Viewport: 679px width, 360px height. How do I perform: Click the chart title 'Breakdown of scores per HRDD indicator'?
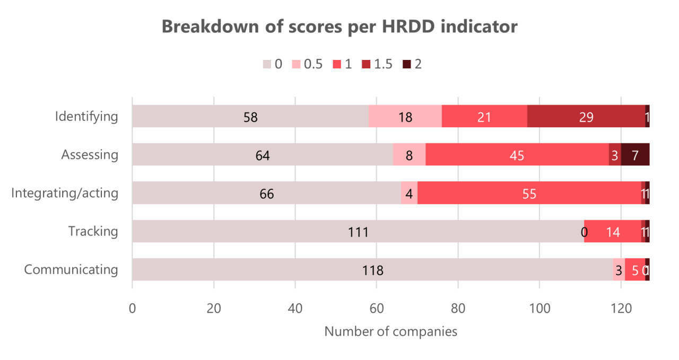pos(339,27)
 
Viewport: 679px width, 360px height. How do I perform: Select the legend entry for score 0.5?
pos(307,64)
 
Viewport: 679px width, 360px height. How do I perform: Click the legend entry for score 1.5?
pos(376,64)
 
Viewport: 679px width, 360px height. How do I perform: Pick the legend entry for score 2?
pos(412,64)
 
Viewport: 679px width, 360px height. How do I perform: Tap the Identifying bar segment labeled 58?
pos(250,116)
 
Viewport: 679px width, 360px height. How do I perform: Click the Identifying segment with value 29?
pos(586,116)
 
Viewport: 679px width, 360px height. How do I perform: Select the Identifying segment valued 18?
pos(405,116)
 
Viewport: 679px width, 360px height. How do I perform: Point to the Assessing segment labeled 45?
pos(517,155)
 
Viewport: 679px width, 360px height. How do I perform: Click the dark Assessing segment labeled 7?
pos(635,155)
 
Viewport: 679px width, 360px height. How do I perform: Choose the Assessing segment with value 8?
pos(409,155)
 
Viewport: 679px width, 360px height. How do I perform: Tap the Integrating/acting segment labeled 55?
pos(529,193)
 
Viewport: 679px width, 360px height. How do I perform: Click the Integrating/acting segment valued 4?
pos(409,193)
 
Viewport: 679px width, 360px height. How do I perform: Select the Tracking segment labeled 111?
pos(358,231)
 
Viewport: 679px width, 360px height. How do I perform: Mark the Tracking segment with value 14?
pos(613,231)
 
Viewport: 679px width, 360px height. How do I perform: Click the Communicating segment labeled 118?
pos(372,269)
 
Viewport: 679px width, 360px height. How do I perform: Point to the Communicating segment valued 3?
pos(619,269)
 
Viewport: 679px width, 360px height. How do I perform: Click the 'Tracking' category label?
pos(93,231)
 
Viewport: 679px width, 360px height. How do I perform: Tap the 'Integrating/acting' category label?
pos(65,193)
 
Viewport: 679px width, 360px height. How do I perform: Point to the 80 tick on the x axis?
pos(458,308)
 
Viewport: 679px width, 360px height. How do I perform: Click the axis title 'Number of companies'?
pos(390,332)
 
